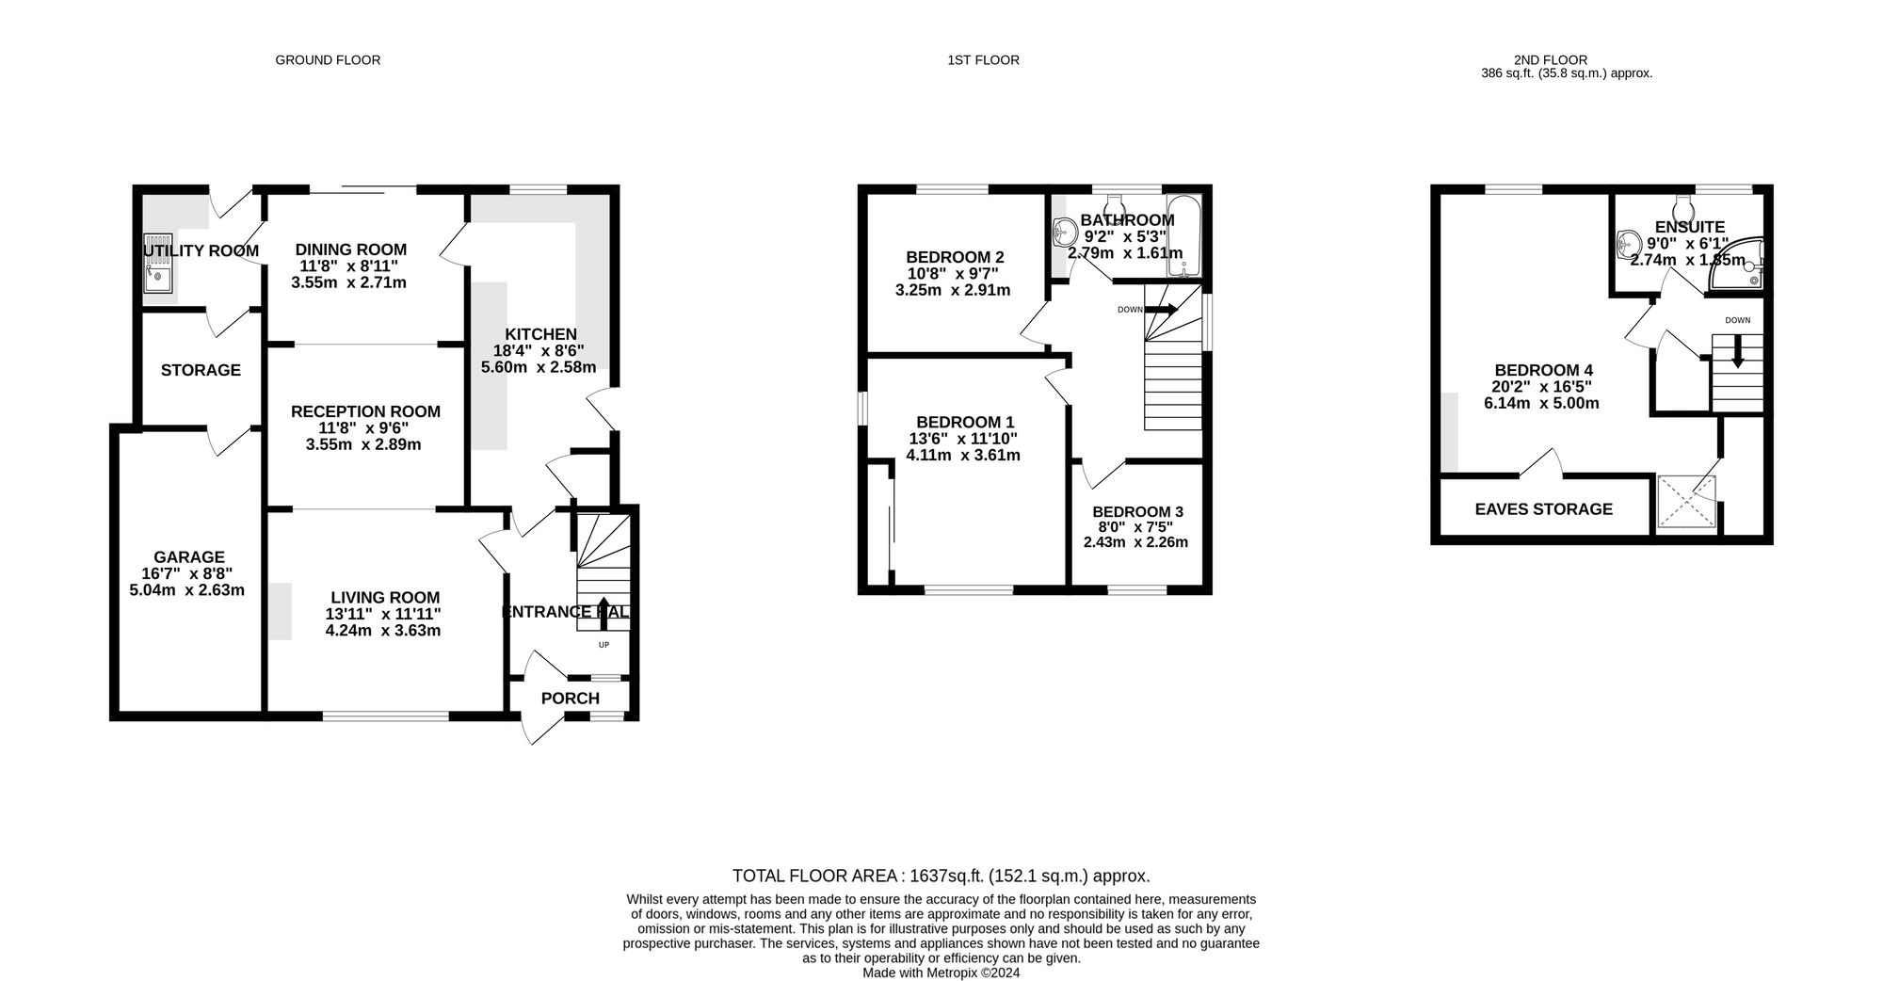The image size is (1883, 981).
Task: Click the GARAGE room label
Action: [x=189, y=557]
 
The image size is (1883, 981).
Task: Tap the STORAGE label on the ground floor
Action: [x=201, y=370]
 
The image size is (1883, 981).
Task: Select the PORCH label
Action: [x=571, y=699]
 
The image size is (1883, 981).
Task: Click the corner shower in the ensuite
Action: [x=1737, y=262]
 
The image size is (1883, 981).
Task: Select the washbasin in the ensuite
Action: [x=1628, y=245]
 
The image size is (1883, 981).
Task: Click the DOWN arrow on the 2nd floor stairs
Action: [x=1737, y=351]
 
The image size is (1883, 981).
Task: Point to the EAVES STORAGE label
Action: [x=1543, y=509]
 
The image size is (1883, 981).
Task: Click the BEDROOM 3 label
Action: [x=1137, y=512]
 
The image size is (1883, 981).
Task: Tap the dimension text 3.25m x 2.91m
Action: [x=953, y=290]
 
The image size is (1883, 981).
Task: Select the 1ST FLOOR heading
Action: [x=983, y=60]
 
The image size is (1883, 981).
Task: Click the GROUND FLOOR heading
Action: [x=328, y=60]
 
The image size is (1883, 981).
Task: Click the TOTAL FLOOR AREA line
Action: [x=941, y=876]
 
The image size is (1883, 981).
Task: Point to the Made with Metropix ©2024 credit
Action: [x=941, y=973]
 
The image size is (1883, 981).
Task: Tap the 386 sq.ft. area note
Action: [x=1567, y=73]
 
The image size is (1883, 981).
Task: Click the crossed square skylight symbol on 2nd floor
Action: [x=1686, y=502]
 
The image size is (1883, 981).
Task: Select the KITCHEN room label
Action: [x=540, y=334]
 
